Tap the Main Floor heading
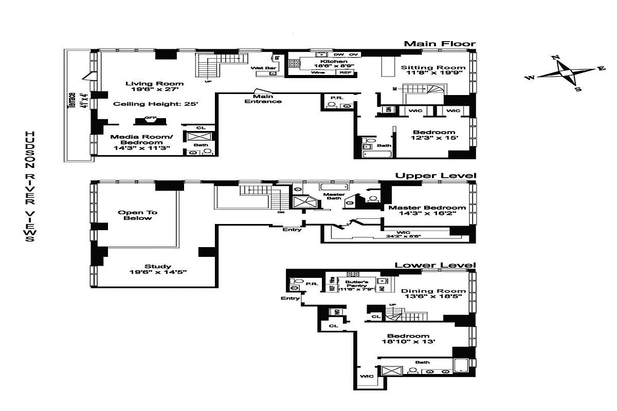[x=440, y=44]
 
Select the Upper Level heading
[x=435, y=176]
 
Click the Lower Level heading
[x=435, y=265]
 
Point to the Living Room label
[x=154, y=84]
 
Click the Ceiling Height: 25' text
[x=155, y=104]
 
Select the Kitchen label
[x=323, y=62]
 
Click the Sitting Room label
[x=433, y=67]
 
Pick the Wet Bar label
[x=260, y=68]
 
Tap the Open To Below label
[x=137, y=215]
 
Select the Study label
[x=159, y=266]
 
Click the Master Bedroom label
[x=427, y=208]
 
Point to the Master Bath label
[x=333, y=196]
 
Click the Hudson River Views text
[x=29, y=186]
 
